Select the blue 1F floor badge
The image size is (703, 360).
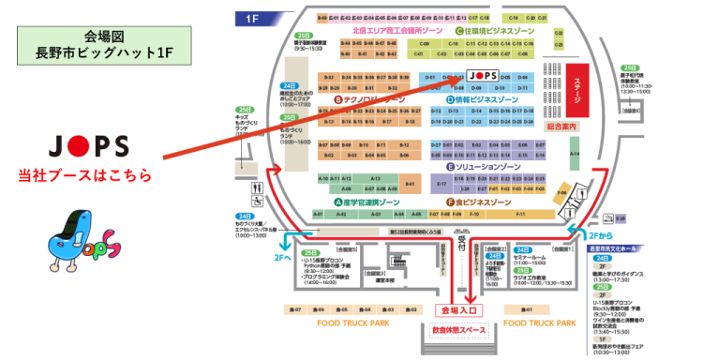pyautogui.click(x=251, y=18)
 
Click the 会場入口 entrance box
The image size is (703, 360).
pyautogui.click(x=458, y=307)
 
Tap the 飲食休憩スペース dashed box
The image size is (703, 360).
pyautogui.click(x=458, y=330)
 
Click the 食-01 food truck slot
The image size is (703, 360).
pyautogui.click(x=528, y=308)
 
